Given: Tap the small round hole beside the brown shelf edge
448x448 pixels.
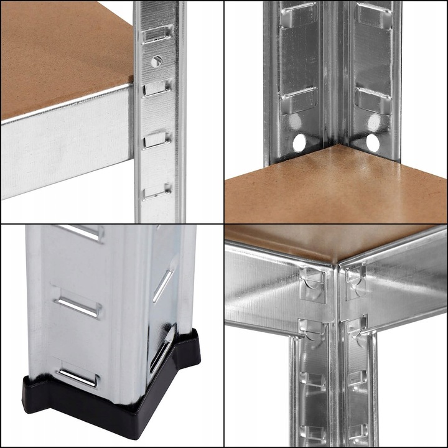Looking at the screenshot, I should pyautogui.click(x=156, y=60).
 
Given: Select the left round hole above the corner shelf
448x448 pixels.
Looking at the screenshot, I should pyautogui.click(x=299, y=142).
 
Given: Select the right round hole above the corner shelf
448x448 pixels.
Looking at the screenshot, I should pyautogui.click(x=372, y=142).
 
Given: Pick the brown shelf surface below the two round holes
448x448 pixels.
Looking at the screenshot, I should pyautogui.click(x=336, y=187).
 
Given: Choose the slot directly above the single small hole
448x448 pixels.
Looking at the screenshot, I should pyautogui.click(x=157, y=35).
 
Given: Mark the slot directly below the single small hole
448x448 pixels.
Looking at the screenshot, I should pyautogui.click(x=157, y=88).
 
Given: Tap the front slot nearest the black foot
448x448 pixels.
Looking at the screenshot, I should pyautogui.click(x=78, y=375).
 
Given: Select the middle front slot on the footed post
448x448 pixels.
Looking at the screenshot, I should pyautogui.click(x=77, y=306).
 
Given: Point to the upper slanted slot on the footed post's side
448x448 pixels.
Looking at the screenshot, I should pyautogui.click(x=163, y=284).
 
